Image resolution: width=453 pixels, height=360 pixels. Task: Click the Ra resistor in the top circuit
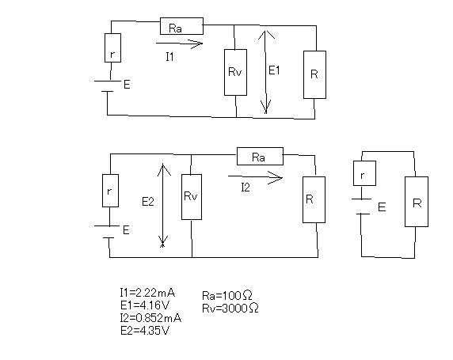pos(181,26)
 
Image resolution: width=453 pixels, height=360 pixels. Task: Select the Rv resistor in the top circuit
pos(236,72)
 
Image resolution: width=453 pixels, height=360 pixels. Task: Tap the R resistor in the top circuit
pos(314,75)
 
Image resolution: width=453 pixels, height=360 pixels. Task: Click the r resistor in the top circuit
pos(112,48)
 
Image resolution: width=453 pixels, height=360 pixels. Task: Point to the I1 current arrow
pos(180,44)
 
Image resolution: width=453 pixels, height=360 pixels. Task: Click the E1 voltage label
pos(274,70)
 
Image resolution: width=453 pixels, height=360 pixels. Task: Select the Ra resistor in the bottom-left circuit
pos(260,157)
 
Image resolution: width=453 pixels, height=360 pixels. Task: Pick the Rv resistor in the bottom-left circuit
pos(192,197)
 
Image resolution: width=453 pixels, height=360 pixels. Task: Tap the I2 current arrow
pos(255,177)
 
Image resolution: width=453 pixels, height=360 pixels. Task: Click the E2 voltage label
pos(148,202)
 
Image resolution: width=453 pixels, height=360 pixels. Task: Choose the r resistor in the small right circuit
pos(364,173)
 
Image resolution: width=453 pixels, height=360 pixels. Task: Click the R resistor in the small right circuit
pos(417,202)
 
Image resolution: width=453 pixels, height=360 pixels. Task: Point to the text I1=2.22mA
pos(147,293)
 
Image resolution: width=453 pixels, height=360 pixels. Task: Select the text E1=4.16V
pos(145,305)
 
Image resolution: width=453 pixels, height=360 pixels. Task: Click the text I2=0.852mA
pos(150,318)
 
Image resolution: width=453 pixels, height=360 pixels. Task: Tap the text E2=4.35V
pos(145,331)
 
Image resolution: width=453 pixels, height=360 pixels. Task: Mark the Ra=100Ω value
pos(227,295)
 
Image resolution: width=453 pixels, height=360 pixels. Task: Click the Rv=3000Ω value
pos(230,308)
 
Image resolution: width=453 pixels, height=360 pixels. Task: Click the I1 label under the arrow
pos(170,57)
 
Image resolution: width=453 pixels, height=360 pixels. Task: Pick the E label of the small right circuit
pos(382,207)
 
